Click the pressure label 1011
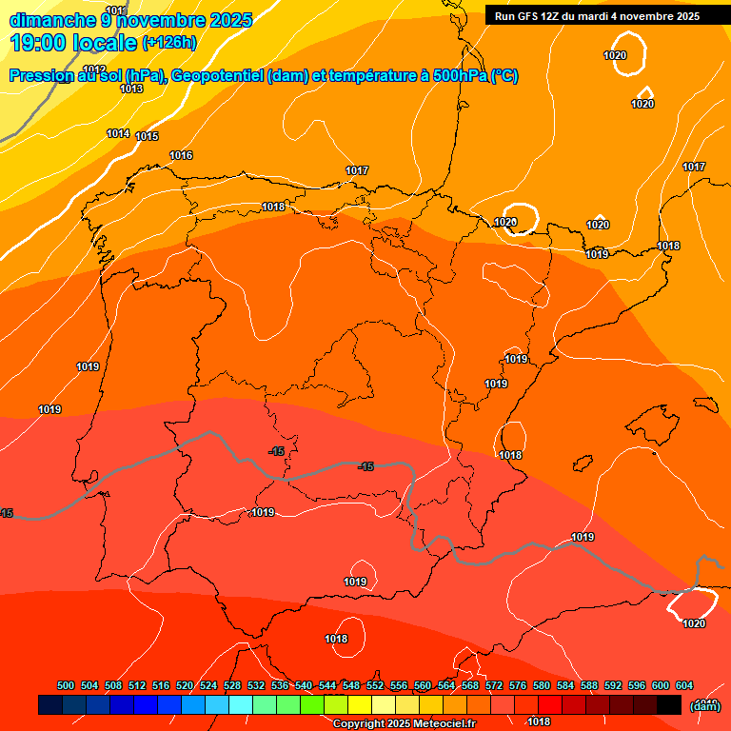pos(114,10)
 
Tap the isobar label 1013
pos(131,89)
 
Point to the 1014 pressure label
pos(118,133)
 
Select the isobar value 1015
pos(147,136)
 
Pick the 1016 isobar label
pos(181,155)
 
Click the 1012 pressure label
pos(94,69)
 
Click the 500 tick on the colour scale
pos(66,686)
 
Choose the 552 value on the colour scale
pos(375,686)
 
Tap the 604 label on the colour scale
pos(684,686)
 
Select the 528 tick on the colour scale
pos(232,686)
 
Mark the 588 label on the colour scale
pos(589,686)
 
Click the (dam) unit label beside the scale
pos(704,705)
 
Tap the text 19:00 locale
pos(74,43)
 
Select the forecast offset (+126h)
pos(169,42)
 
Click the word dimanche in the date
pos(45,19)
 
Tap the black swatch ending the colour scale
pos(668,704)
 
